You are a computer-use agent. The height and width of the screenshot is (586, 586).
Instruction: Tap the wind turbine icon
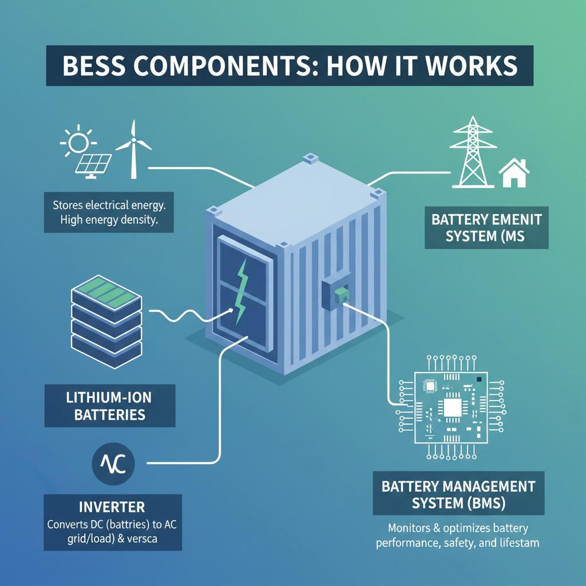point(133,148)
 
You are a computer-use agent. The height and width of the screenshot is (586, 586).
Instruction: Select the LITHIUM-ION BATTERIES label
point(110,406)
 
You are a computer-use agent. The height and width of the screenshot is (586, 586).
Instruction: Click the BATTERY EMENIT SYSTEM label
point(486,227)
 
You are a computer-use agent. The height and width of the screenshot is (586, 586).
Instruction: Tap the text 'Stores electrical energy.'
point(109,204)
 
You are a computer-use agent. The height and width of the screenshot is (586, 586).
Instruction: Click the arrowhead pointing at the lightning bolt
point(231,310)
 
